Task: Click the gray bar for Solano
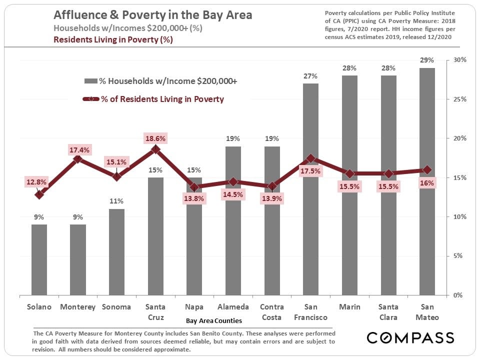pos(39,259)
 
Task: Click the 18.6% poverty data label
pos(155,138)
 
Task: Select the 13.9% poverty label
pos(272,198)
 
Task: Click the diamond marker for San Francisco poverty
pos(310,158)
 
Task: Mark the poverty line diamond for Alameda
pos(233,181)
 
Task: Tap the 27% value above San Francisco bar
pos(310,76)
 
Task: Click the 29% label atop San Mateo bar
pos(427,60)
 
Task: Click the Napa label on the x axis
pos(194,307)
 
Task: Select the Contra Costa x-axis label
pos(271,312)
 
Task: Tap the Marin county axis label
pos(349,307)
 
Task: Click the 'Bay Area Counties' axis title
pos(213,320)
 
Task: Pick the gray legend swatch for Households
pos(90,81)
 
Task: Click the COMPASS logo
pos(410,337)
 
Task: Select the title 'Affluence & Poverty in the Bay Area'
pos(152,15)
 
